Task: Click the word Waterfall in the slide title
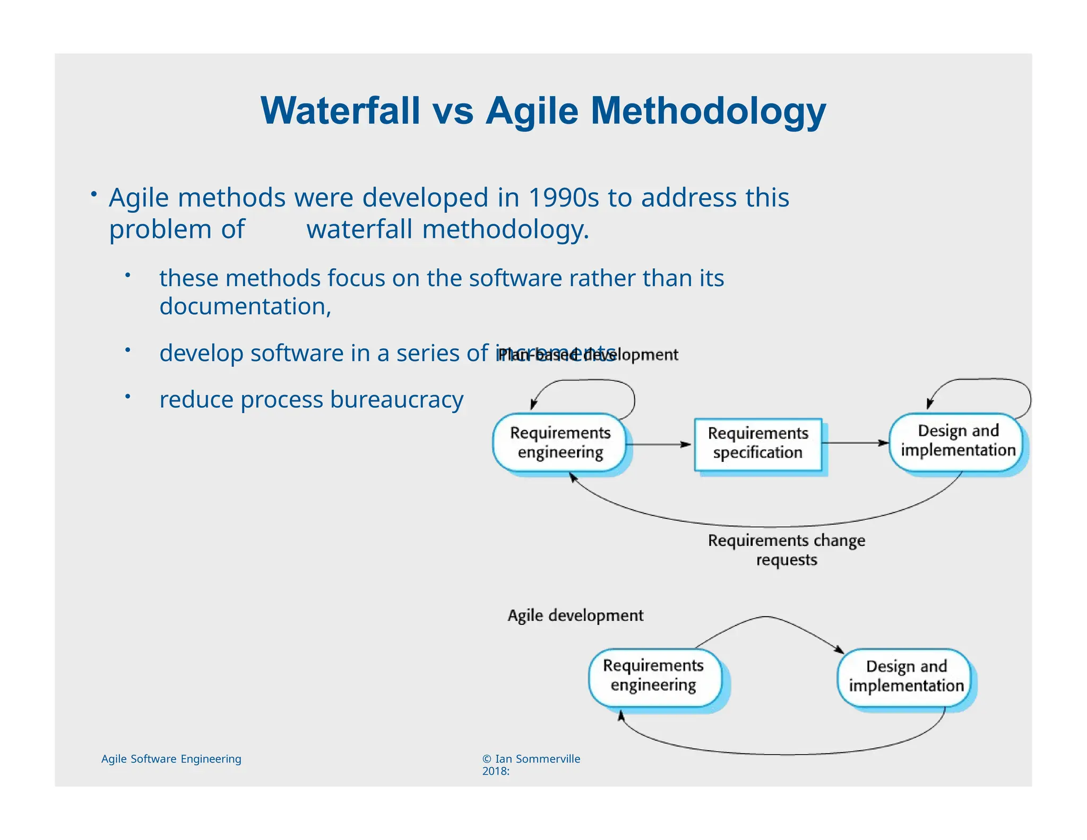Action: [x=340, y=111]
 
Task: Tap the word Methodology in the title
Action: [x=708, y=111]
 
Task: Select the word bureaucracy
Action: [x=396, y=399]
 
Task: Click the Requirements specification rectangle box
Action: [x=758, y=443]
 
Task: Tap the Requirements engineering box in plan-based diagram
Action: [x=560, y=443]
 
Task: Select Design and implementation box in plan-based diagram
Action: [x=957, y=441]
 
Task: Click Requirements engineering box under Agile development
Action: [x=653, y=676]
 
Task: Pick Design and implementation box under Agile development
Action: [x=906, y=676]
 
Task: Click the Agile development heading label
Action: [x=575, y=615]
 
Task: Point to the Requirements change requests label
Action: [x=787, y=550]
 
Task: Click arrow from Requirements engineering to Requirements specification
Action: [x=658, y=444]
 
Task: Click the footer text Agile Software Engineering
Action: [x=171, y=759]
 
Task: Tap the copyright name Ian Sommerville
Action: [x=537, y=759]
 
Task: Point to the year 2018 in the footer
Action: [x=494, y=772]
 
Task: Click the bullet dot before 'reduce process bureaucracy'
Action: [x=127, y=397]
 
